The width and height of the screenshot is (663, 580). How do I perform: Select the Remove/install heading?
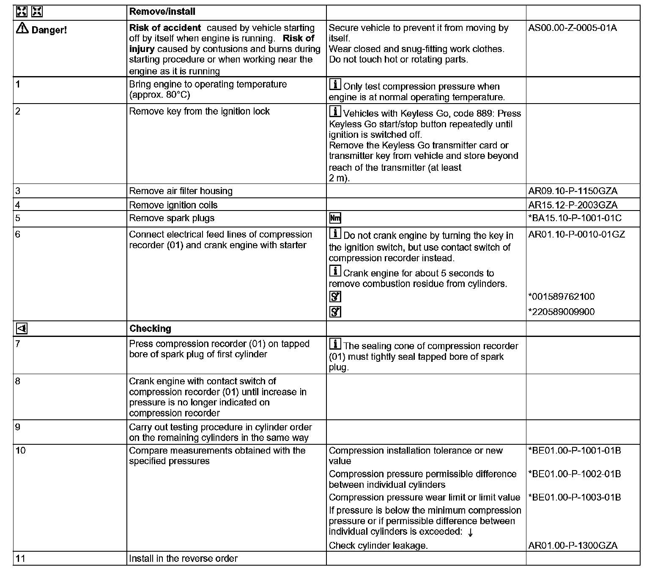click(x=162, y=12)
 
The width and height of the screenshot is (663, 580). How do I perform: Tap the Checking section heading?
click(x=150, y=328)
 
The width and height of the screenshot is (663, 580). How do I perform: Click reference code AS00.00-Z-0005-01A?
click(x=573, y=28)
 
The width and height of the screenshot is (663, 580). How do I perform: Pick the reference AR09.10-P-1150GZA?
click(x=573, y=191)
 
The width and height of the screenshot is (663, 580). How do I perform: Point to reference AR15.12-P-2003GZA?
click(x=573, y=205)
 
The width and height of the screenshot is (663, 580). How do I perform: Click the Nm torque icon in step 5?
click(x=335, y=218)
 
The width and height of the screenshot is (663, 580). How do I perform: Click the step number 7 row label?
click(x=18, y=344)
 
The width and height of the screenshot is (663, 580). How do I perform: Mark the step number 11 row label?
click(x=20, y=558)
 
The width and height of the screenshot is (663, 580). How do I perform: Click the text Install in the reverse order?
click(x=183, y=558)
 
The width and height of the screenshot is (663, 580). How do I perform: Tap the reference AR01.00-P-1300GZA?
click(x=573, y=545)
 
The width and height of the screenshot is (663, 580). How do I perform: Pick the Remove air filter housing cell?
click(x=181, y=191)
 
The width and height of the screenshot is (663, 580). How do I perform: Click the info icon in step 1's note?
click(x=335, y=85)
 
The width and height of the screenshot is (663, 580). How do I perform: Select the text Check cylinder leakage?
click(x=378, y=545)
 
